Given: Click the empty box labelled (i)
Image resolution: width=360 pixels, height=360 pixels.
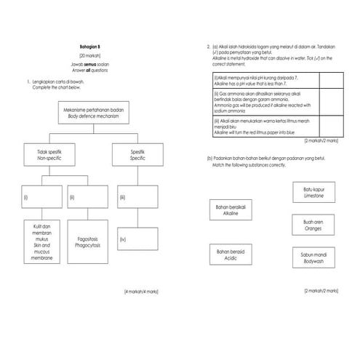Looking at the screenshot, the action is [x=42, y=197].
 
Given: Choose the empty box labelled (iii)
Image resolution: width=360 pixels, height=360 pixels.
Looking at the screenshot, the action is [x=138, y=197].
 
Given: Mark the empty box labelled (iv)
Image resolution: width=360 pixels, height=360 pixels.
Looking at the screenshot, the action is [x=138, y=239].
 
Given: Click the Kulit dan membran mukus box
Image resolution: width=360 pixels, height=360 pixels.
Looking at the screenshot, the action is [x=42, y=242].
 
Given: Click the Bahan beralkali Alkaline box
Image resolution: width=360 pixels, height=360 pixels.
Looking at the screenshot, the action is [x=231, y=211].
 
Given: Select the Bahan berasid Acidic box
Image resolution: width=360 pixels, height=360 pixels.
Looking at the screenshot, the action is [x=231, y=255].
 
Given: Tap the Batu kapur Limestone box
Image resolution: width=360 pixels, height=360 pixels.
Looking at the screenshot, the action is [x=313, y=192].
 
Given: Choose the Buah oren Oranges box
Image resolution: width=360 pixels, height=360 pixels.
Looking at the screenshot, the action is [x=313, y=224].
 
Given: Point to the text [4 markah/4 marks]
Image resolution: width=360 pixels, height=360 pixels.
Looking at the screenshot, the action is [x=141, y=291].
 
